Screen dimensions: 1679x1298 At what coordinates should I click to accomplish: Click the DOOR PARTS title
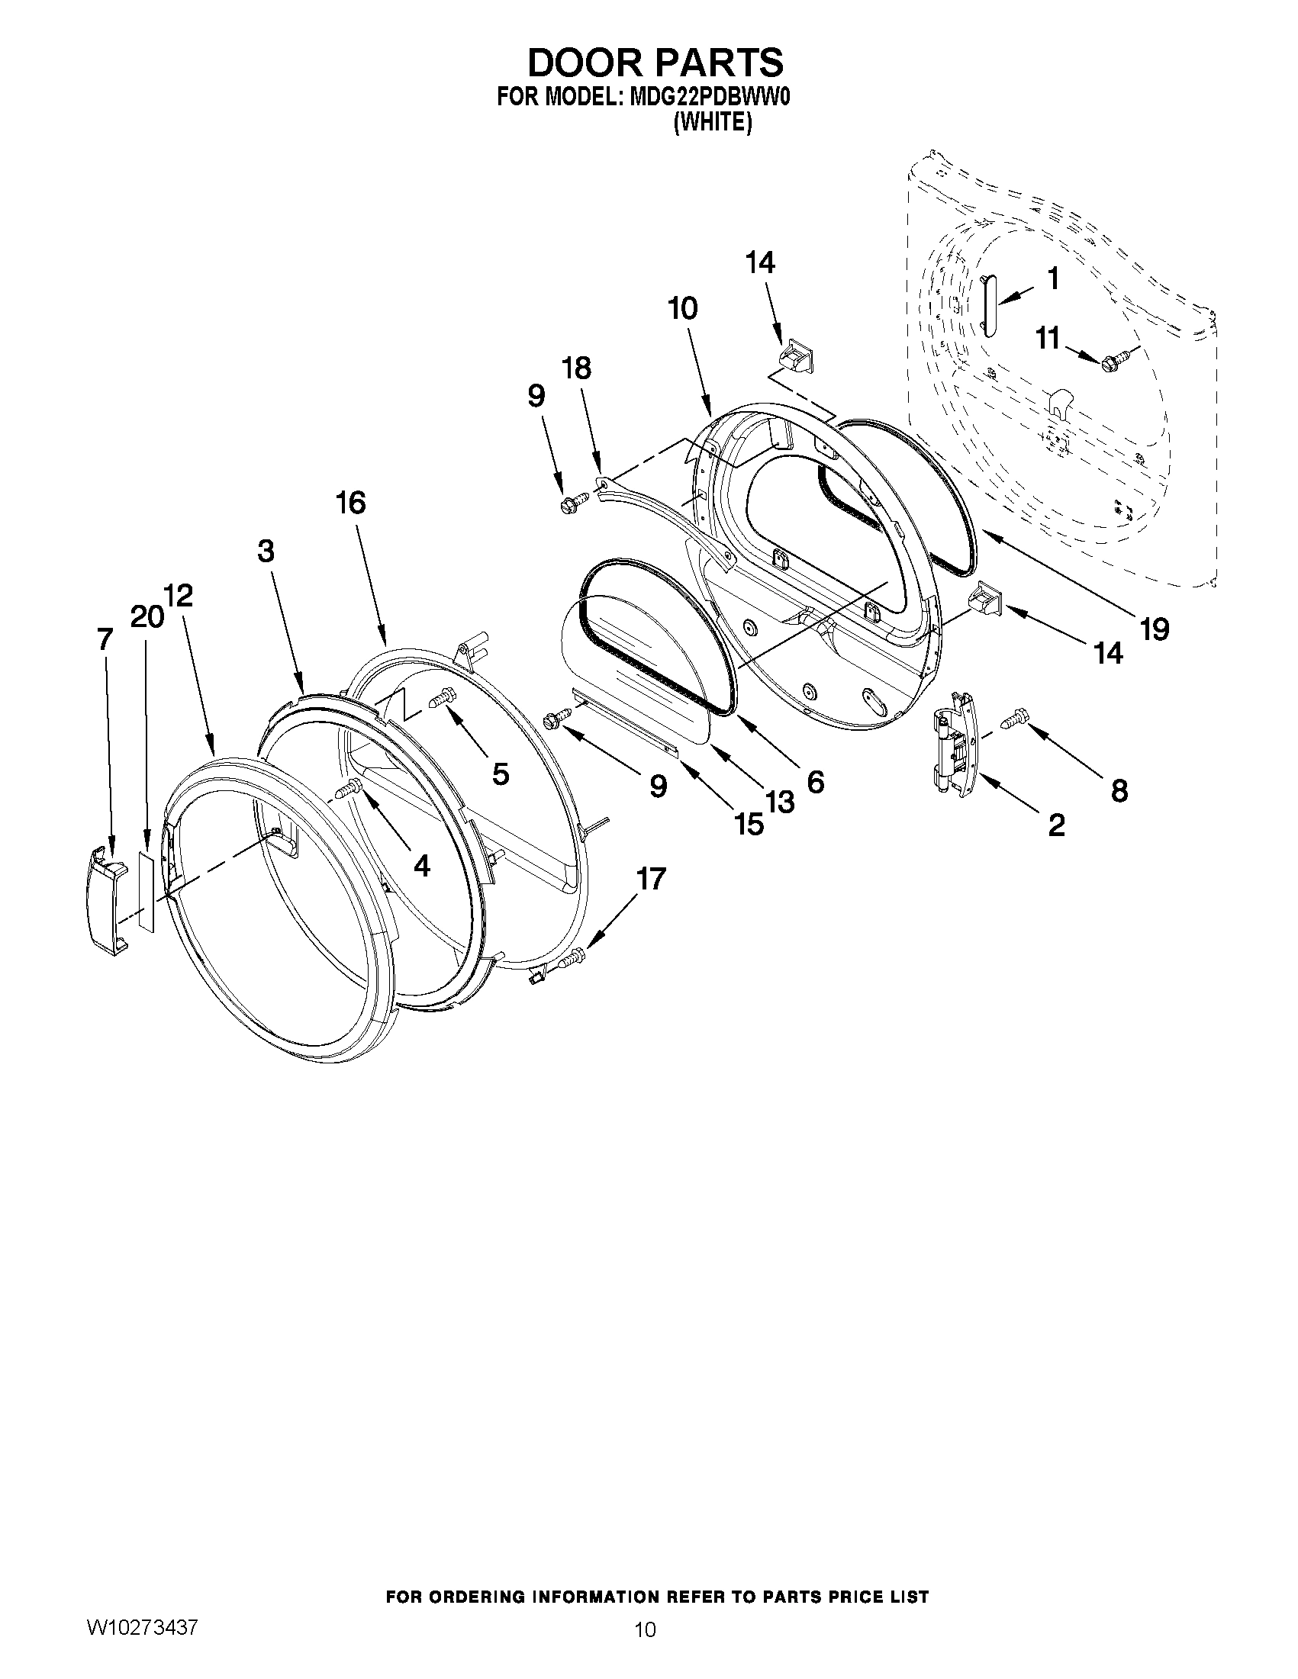655,63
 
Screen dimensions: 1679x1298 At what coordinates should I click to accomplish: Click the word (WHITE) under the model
712,122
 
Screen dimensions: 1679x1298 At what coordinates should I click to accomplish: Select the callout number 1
1053,279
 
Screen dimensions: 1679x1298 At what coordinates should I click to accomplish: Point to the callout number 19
1154,628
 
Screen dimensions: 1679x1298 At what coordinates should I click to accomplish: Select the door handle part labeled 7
106,898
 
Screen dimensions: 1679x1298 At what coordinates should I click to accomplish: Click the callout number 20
146,616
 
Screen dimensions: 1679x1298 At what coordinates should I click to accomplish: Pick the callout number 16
350,503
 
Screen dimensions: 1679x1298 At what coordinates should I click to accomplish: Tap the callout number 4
421,866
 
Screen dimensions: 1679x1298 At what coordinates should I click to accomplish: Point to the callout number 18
577,368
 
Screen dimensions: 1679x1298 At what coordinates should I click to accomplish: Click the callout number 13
779,803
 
